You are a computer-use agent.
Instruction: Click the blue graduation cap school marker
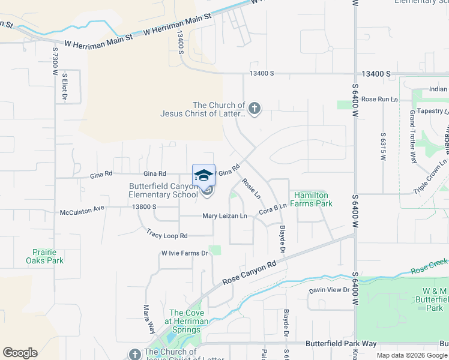pyautogui.click(x=203, y=175)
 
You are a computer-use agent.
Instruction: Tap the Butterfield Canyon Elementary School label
pyautogui.click(x=163, y=190)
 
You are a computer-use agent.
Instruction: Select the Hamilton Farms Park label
pyautogui.click(x=311, y=199)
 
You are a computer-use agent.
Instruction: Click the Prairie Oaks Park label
pyautogui.click(x=44, y=257)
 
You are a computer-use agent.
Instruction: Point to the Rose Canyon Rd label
pyautogui.click(x=249, y=272)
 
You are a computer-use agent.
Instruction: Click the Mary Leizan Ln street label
pyautogui.click(x=224, y=216)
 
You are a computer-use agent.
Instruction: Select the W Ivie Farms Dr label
pyautogui.click(x=184, y=253)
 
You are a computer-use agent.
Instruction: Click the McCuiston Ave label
pyautogui.click(x=82, y=212)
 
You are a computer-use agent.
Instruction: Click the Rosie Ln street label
pyautogui.click(x=252, y=188)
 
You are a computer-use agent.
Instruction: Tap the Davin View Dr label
pyautogui.click(x=329, y=290)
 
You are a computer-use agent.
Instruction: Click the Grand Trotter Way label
pyautogui.click(x=413, y=137)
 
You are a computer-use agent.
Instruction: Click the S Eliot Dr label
pyautogui.click(x=64, y=86)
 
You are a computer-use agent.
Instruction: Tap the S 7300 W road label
pyautogui.click(x=54, y=61)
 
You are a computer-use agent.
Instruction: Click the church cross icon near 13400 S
pyautogui.click(x=255, y=109)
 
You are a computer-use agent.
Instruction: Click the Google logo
pyautogui.click(x=20, y=352)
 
